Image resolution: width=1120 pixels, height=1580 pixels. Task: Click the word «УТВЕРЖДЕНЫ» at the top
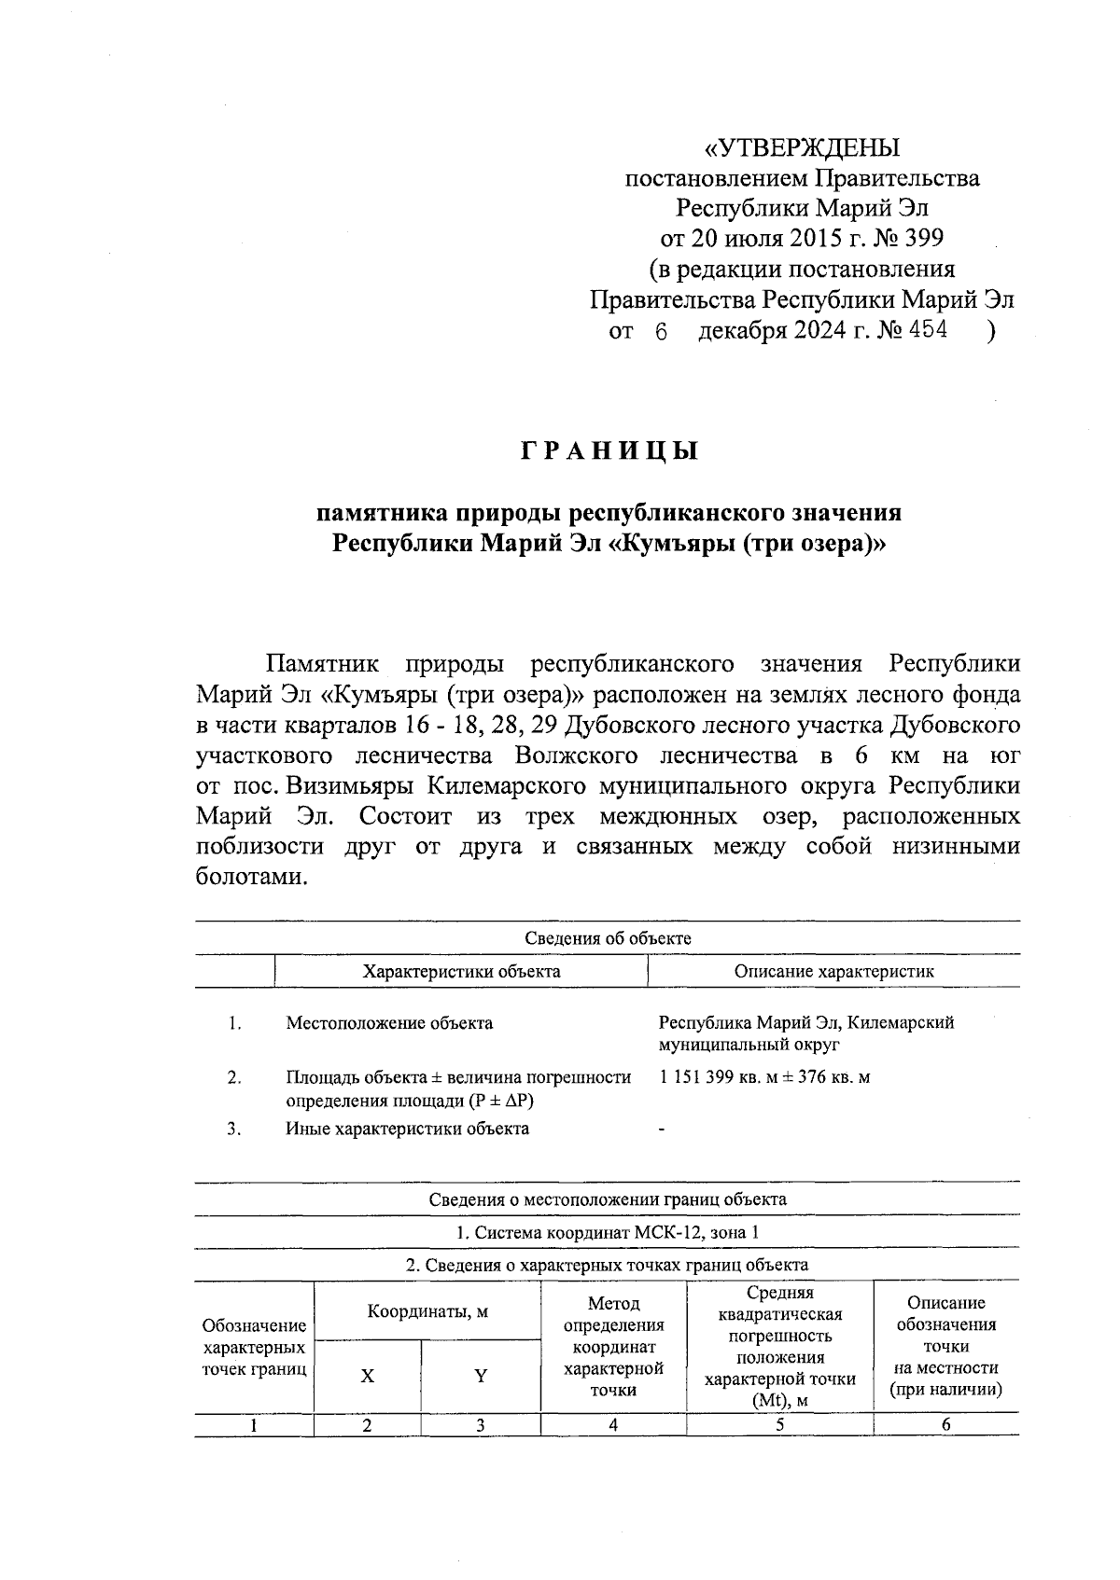click(x=802, y=148)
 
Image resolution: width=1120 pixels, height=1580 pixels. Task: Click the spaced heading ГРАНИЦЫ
click(x=609, y=452)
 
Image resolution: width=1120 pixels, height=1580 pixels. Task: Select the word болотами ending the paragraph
click(x=252, y=877)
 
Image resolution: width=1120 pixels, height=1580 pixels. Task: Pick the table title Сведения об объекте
click(x=608, y=938)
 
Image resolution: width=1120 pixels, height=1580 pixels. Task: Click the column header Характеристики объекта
click(x=461, y=971)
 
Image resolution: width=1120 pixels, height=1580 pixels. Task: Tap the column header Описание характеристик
click(x=833, y=971)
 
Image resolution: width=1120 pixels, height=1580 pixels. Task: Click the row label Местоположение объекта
click(x=389, y=1023)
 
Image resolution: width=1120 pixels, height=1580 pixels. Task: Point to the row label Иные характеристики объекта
click(x=407, y=1129)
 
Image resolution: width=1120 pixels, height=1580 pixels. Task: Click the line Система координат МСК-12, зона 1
click(x=608, y=1232)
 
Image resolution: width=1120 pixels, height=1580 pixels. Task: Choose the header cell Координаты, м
click(x=427, y=1311)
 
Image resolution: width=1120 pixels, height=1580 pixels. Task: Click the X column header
click(x=368, y=1376)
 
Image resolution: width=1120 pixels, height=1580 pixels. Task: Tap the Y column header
click(x=481, y=1376)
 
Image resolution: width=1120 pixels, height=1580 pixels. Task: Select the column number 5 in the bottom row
click(x=779, y=1424)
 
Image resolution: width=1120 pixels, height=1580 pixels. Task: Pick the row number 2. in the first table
click(x=235, y=1077)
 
